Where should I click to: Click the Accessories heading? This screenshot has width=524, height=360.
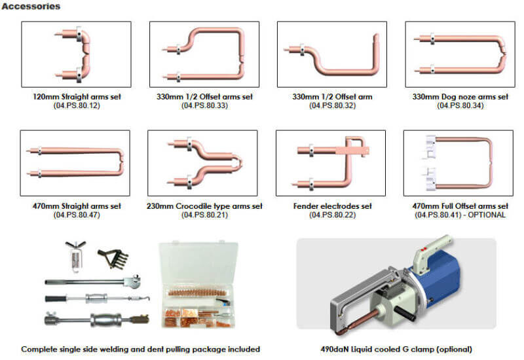pos(31,6)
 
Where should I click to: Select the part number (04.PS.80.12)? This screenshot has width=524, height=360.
pos(77,105)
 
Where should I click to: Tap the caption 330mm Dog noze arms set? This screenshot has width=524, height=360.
pos(460,97)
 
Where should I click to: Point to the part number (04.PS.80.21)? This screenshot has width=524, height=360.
pos(204,215)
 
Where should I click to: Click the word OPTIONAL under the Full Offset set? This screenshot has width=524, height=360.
pos(487,215)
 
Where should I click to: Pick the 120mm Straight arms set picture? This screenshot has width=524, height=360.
pos(76,54)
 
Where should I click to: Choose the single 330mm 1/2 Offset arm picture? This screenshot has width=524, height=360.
pos(332,54)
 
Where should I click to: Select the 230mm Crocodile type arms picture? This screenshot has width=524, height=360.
pos(202,163)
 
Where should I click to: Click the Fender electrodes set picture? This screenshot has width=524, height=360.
pos(331,163)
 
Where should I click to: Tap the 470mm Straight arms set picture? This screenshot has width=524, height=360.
pos(75,163)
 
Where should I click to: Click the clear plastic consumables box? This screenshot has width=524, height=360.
pos(198,285)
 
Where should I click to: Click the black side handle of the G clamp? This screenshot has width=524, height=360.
pos(405,314)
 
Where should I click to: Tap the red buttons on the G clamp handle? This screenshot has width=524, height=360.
pos(423,249)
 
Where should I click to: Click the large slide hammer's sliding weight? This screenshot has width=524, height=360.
pos(105,321)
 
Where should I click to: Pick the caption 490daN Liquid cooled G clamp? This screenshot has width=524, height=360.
pos(396,350)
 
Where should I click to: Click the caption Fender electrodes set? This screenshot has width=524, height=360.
pos(332,206)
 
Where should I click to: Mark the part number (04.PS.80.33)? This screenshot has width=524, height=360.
pos(204,105)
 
